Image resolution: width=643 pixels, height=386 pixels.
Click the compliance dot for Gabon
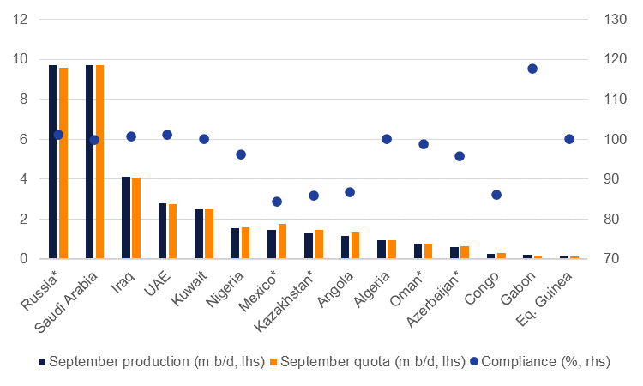point(532,69)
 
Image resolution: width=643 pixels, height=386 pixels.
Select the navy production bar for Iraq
point(126,218)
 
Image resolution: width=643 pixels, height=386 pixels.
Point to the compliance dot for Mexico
point(277,202)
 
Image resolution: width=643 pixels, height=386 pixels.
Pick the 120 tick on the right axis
point(610,59)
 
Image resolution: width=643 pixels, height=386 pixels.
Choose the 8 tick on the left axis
point(22,100)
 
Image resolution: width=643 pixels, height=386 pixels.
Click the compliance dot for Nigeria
point(241,154)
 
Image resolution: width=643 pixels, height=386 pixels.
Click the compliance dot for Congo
point(496,195)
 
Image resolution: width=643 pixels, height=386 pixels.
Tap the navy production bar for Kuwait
point(199,234)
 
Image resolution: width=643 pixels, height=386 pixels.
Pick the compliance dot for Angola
point(350,192)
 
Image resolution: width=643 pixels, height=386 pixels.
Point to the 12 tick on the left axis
point(20,19)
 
